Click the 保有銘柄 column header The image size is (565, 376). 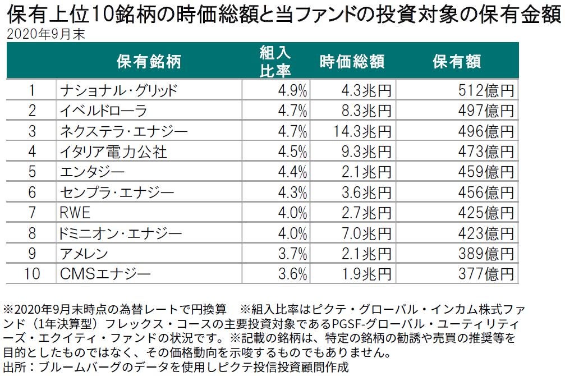coord(149,62)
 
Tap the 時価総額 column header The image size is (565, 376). coord(352,62)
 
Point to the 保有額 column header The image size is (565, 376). coord(457,62)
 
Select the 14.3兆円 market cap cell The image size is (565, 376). coord(361,132)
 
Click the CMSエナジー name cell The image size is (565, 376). coord(105,274)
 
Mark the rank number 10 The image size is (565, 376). coord(33,274)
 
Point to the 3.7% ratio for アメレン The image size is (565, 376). coord(292,254)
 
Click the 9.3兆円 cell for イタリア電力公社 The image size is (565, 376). coord(365,152)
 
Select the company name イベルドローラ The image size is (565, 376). coord(103,111)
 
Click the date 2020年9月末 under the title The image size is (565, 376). coord(45,34)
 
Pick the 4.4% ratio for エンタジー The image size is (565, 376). coord(292,172)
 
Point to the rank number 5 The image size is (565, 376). coord(33,172)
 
